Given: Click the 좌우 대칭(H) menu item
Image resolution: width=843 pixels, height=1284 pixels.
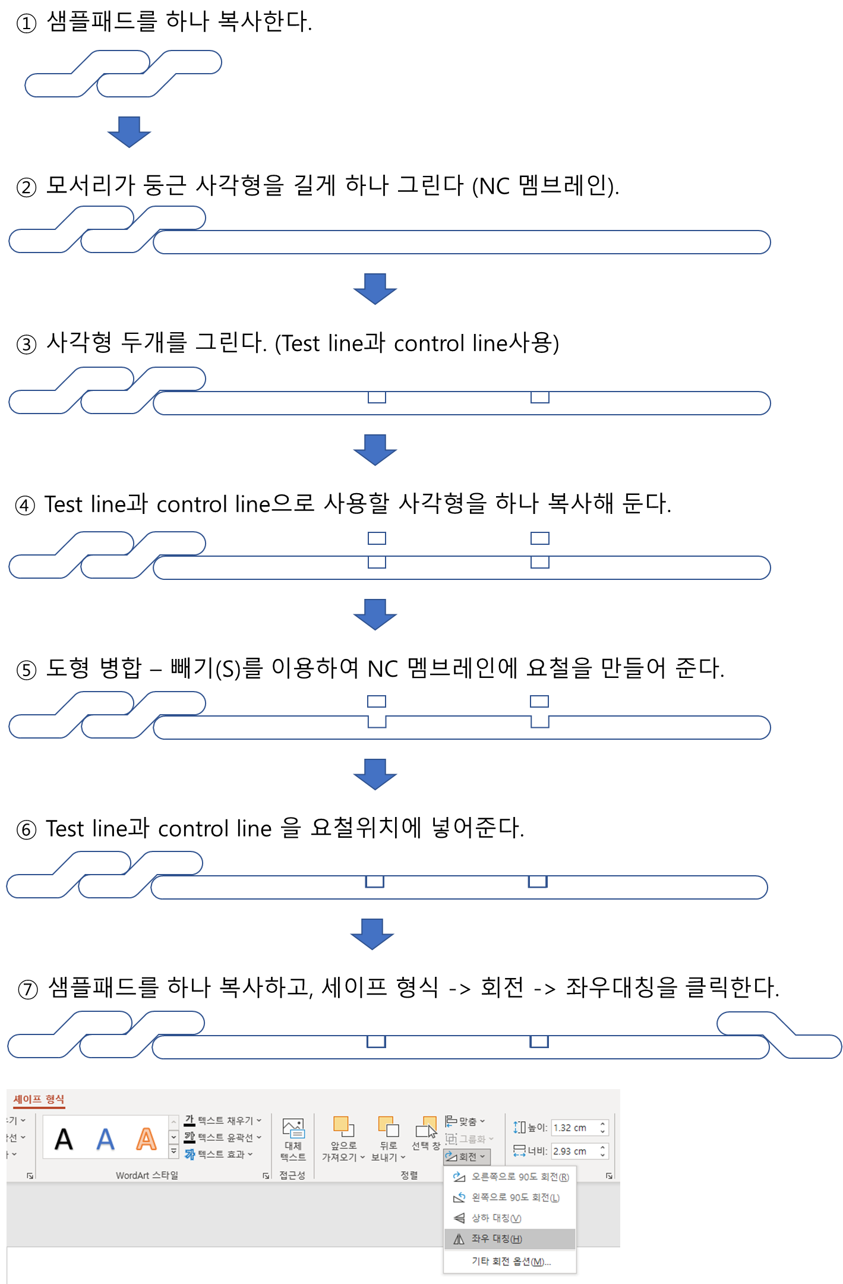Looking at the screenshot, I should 497,1239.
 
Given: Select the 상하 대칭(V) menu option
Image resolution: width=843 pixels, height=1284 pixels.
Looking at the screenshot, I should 496,1218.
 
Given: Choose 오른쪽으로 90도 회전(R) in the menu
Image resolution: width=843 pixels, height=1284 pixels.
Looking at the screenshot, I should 519,1176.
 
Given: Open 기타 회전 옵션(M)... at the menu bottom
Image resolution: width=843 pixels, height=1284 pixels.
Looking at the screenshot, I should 511,1261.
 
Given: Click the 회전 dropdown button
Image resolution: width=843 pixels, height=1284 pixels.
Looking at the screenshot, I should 467,1156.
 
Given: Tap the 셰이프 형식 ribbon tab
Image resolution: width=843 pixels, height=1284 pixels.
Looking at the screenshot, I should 39,1099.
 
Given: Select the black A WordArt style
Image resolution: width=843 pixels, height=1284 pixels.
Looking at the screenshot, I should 64,1139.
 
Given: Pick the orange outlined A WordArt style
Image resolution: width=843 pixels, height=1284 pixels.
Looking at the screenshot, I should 146,1139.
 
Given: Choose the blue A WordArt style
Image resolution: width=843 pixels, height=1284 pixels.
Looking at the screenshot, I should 105,1139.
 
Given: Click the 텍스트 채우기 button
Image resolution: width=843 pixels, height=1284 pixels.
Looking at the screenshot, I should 223,1121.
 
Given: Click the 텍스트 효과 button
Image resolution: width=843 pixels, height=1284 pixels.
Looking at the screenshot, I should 219,1154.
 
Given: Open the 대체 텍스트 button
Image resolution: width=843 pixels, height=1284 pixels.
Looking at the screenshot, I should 293,1139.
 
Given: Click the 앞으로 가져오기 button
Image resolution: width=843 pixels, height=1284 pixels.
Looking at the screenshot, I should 343,1139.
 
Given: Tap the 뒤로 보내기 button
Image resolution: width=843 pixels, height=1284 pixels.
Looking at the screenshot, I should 388,1139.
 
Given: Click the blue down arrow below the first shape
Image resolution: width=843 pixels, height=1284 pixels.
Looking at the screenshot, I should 130,131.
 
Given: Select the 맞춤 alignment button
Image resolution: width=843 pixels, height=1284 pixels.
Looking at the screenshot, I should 465,1121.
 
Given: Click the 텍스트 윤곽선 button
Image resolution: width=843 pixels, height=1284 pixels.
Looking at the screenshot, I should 223,1137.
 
